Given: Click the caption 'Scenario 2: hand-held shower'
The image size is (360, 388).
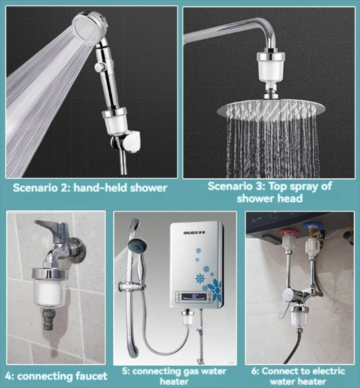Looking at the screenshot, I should pyautogui.click(x=90, y=188).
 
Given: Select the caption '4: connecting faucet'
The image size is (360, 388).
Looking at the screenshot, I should pyautogui.click(x=57, y=376).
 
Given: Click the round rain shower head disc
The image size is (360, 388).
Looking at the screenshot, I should pyautogui.click(x=271, y=108).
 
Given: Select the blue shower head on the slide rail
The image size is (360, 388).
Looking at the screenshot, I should pyautogui.click(x=137, y=245).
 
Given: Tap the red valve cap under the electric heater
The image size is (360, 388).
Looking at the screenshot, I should pyautogui.click(x=288, y=232).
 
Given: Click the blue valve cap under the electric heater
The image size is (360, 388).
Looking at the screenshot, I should pyautogui.click(x=310, y=226).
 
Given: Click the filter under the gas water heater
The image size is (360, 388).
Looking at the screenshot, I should pyautogui.click(x=188, y=318).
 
